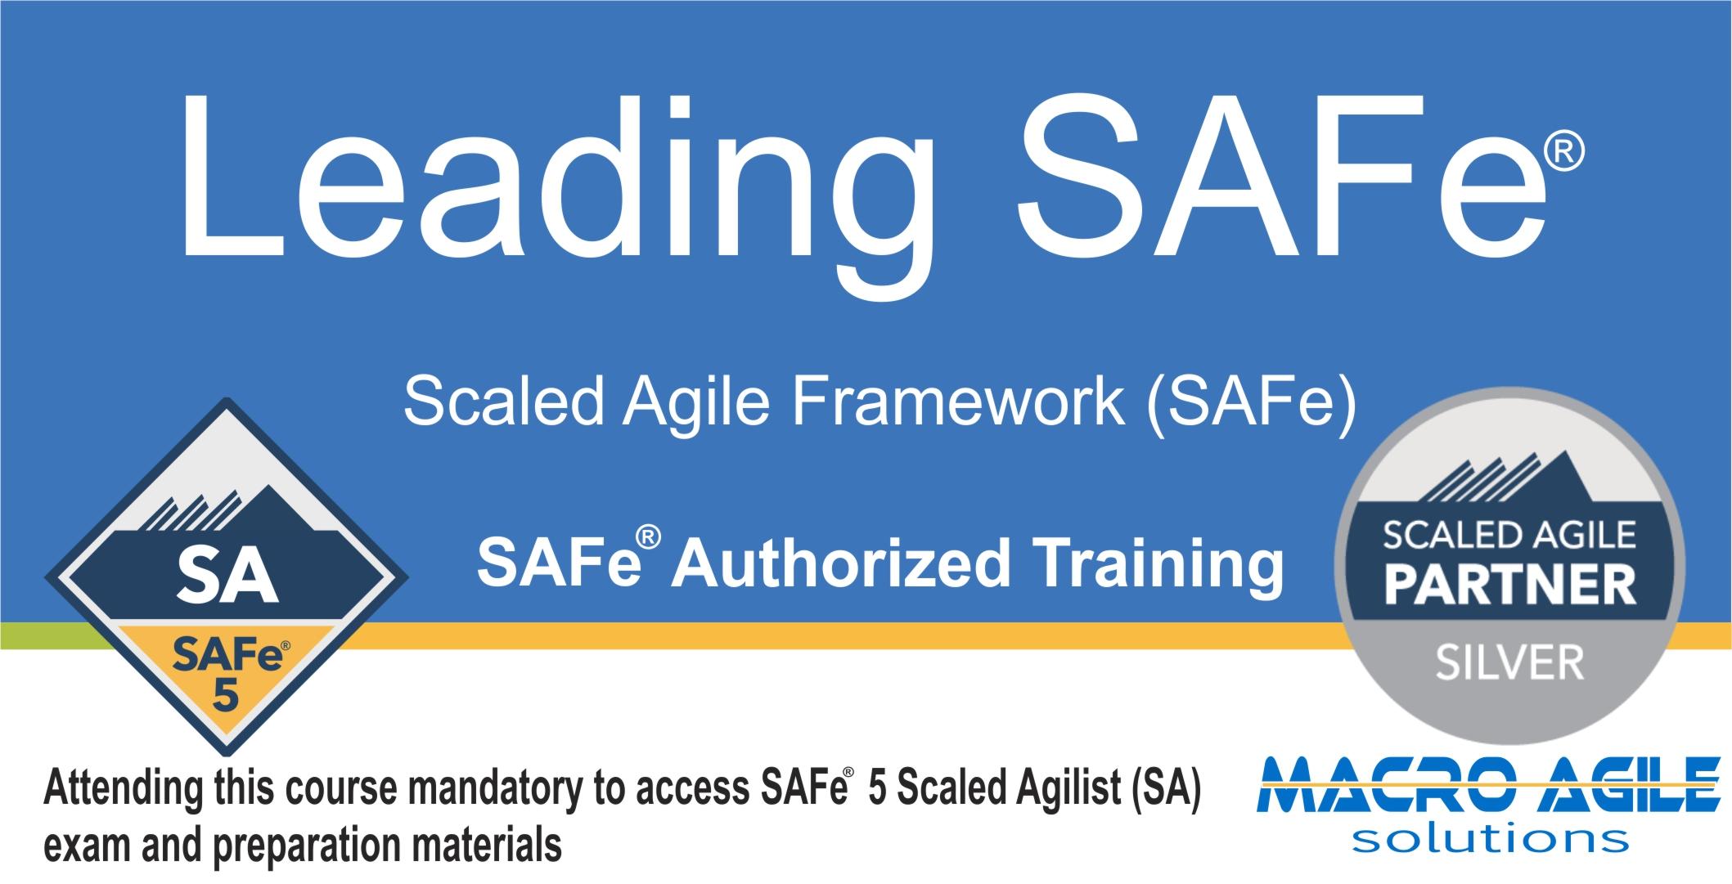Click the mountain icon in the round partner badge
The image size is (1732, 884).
(x=1508, y=478)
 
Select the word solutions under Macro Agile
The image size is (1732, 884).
(x=1489, y=840)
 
